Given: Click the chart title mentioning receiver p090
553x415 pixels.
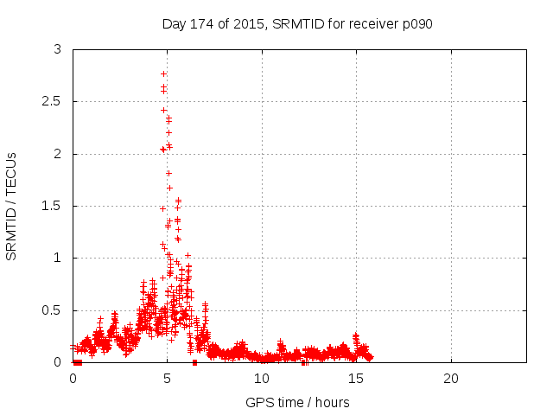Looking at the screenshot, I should point(296,24).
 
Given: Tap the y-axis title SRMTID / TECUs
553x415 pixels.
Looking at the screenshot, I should point(12,205).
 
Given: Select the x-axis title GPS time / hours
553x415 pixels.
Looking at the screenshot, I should point(297,402).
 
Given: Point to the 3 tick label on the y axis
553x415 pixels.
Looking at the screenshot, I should point(58,50).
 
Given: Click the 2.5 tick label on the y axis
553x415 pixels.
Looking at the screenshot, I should point(53,102).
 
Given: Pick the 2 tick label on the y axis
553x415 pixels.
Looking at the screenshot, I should point(58,154).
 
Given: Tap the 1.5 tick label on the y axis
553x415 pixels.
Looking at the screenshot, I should point(53,206).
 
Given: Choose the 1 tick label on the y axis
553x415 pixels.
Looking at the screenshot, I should point(58,258).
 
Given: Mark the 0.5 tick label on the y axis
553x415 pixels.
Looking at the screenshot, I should point(53,310).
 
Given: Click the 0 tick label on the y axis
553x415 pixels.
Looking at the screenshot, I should point(58,361).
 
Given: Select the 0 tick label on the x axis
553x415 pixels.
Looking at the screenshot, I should point(73,379).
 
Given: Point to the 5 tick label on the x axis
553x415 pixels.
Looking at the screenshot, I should point(168,379).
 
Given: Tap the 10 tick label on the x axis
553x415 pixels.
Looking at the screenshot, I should point(262,379).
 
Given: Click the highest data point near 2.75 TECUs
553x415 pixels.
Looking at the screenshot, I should point(163,74).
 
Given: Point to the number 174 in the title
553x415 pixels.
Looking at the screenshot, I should point(200,24).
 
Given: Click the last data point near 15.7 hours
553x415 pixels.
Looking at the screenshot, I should point(370,357).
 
